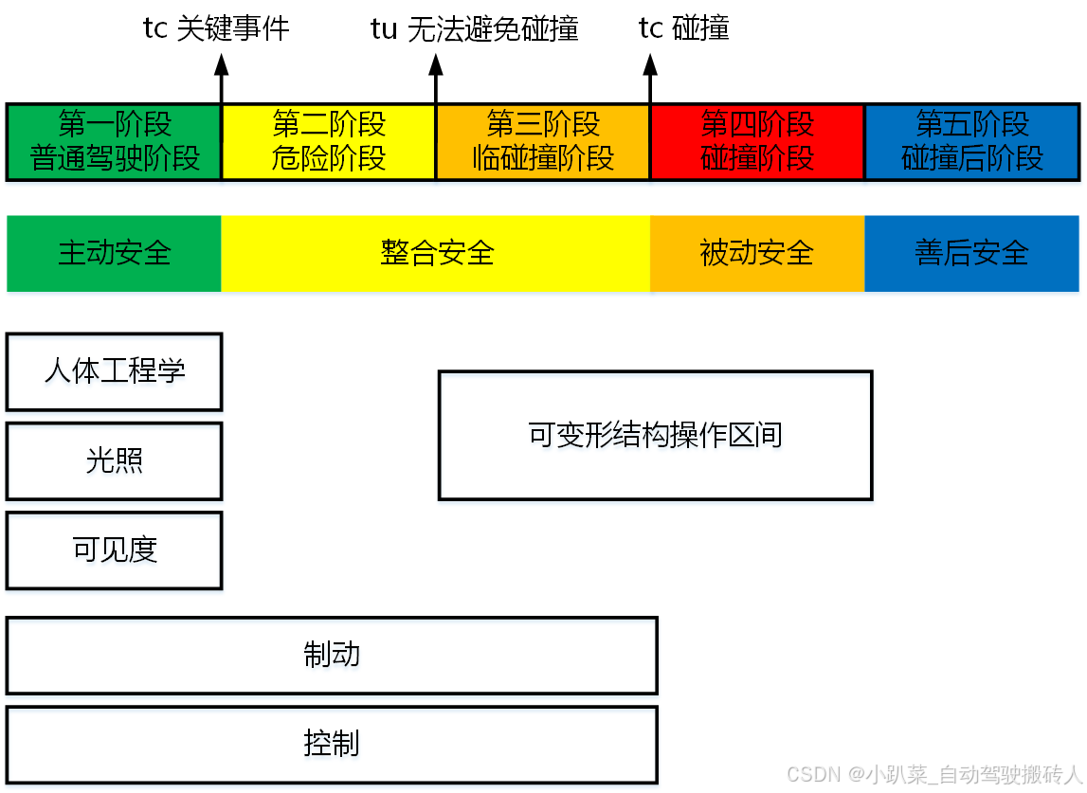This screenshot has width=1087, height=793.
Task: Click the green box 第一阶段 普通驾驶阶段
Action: [114, 141]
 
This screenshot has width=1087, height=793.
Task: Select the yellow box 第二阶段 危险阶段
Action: [329, 141]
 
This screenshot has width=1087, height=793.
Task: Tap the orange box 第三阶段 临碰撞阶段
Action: [543, 141]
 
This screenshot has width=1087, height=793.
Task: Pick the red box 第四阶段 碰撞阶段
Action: [757, 141]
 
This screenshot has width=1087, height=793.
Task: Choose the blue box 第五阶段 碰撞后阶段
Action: [972, 141]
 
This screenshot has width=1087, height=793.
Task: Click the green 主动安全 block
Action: [114, 253]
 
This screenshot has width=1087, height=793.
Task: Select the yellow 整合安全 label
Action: [437, 253]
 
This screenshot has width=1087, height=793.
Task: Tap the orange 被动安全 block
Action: [757, 253]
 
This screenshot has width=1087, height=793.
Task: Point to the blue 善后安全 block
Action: [972, 253]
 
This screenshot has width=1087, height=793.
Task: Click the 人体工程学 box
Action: [114, 370]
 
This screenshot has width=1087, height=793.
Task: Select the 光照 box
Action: [114, 460]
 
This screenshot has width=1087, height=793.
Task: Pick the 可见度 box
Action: [114, 550]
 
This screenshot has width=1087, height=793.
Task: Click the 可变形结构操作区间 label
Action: [655, 435]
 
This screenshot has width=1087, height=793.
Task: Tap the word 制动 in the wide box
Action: [332, 655]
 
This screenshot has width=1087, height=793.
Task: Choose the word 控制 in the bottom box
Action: [332, 744]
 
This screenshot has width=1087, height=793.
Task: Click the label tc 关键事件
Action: [216, 29]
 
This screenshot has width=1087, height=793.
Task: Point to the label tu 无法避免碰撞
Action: [474, 29]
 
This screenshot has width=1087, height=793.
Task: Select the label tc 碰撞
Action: [684, 29]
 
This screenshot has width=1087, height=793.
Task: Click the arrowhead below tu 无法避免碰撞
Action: [436, 64]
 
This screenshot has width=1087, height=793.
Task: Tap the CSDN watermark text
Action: [933, 774]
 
